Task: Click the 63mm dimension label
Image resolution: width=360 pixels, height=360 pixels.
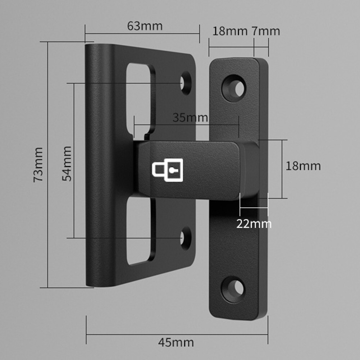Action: point(145,26)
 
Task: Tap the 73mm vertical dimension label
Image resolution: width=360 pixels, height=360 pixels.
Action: point(38,164)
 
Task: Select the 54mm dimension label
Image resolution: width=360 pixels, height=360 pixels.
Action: point(67,163)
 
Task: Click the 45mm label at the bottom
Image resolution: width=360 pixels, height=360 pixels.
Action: point(176,342)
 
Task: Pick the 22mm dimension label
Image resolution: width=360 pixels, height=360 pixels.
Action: point(254,224)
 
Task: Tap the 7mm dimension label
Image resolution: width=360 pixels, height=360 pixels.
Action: point(265,31)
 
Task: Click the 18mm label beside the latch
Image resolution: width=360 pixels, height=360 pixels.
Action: point(303,166)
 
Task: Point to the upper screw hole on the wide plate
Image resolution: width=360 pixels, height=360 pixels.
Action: point(186,83)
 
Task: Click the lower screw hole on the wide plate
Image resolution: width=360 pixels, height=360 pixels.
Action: point(186,238)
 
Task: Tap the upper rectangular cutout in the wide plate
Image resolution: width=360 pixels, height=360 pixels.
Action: point(139,97)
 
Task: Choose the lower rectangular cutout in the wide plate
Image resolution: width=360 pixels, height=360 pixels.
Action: point(139,230)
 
